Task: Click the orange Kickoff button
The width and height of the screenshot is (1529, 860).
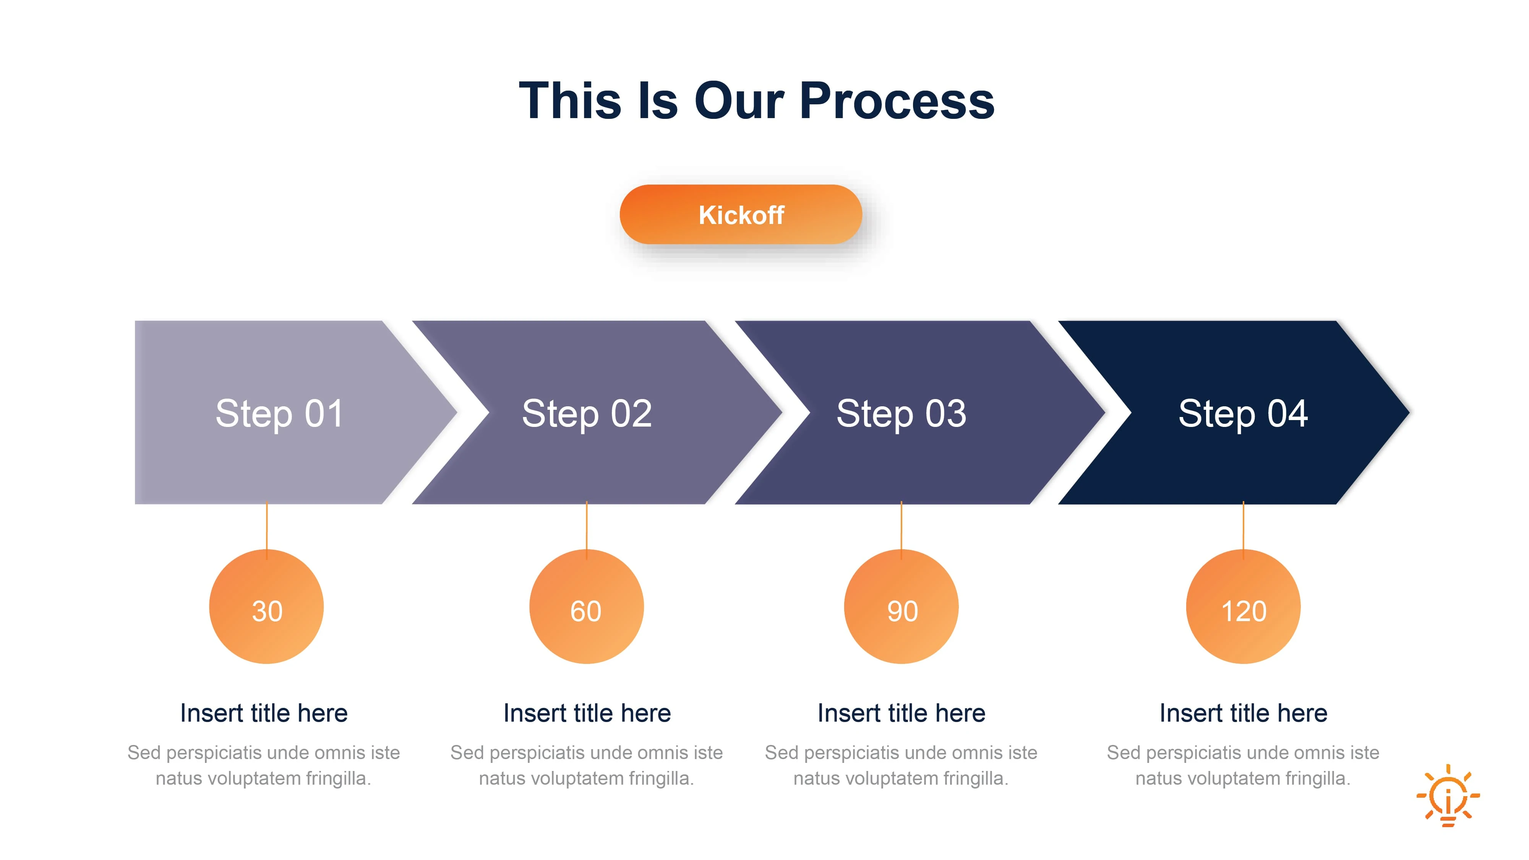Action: click(740, 214)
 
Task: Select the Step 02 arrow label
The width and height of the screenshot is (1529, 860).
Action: click(587, 413)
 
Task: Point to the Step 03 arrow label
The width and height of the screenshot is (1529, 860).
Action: click(901, 413)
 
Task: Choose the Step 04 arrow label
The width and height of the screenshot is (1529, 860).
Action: click(1243, 413)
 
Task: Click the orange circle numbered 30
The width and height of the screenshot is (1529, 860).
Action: click(266, 607)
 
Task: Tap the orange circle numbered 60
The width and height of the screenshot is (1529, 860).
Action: click(587, 607)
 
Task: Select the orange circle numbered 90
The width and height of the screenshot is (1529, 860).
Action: click(901, 607)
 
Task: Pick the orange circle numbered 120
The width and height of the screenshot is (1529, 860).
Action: click(1243, 607)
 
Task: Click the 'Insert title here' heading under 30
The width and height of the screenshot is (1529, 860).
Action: click(264, 713)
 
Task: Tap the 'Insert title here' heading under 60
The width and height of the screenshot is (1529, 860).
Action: click(587, 713)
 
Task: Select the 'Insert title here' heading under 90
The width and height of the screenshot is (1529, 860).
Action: click(901, 713)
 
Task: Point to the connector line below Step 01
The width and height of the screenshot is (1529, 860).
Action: click(266, 531)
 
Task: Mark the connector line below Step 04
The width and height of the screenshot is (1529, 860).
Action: click(1243, 531)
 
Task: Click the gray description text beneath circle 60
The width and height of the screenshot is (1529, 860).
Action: click(587, 765)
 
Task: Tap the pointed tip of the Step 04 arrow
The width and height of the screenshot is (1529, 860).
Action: click(1409, 412)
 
